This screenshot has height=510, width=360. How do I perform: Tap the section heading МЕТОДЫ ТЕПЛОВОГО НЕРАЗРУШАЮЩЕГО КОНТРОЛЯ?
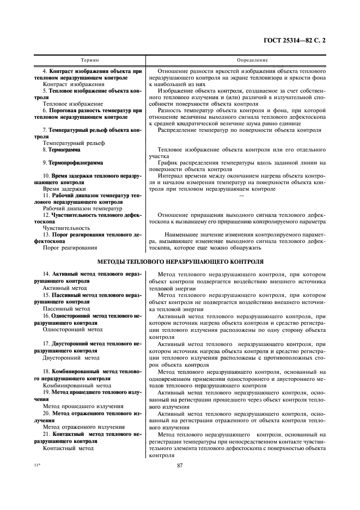point(180,262)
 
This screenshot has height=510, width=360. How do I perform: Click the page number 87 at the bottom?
point(180,465)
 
